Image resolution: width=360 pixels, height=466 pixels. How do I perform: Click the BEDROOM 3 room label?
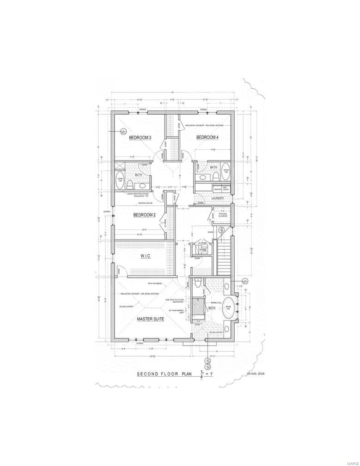(x=140, y=137)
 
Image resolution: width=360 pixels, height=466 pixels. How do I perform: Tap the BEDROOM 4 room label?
(x=207, y=137)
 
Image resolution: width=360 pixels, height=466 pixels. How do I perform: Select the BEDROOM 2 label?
(x=145, y=215)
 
